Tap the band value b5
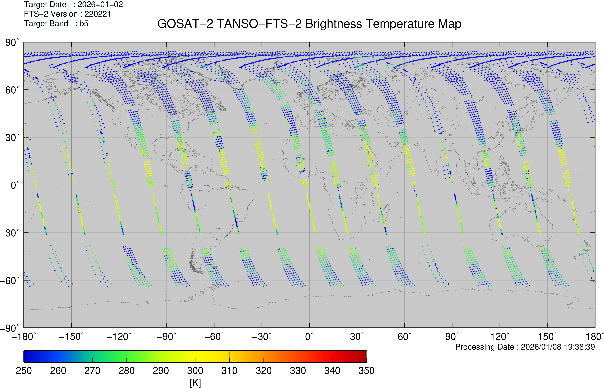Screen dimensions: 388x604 click(x=84, y=23)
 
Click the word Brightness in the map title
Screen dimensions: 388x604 click(x=333, y=24)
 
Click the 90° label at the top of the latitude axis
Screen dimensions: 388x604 click(x=12, y=43)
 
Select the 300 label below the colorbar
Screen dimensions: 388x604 click(x=195, y=371)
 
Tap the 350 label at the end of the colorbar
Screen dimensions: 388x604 click(x=366, y=371)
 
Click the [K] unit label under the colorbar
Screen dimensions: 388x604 click(x=195, y=383)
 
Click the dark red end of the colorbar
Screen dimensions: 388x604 click(x=362, y=356)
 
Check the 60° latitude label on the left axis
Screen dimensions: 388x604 click(x=12, y=90)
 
